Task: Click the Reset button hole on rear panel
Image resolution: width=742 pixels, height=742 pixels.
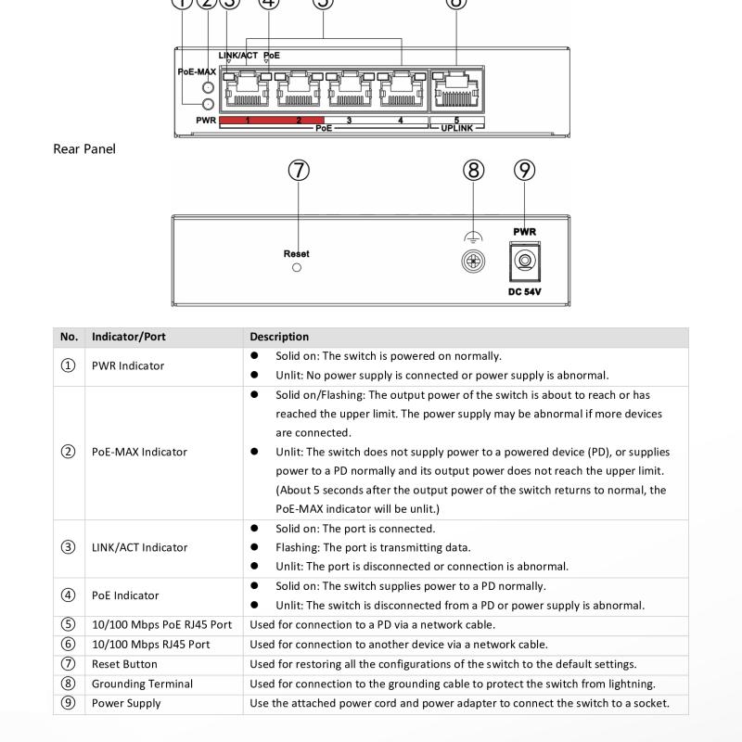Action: tap(297, 267)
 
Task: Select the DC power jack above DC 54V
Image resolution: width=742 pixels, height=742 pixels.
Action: tap(525, 262)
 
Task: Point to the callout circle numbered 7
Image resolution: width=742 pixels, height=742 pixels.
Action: tap(299, 171)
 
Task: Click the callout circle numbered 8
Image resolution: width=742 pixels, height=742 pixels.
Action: tap(473, 171)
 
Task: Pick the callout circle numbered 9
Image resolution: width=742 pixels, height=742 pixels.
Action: tap(525, 171)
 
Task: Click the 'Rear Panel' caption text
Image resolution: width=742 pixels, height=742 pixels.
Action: tap(84, 148)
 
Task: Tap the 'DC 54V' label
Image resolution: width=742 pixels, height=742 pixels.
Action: tap(525, 291)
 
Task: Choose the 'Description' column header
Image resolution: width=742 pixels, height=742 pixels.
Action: tap(279, 337)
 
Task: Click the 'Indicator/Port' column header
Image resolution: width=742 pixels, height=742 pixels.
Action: tap(129, 337)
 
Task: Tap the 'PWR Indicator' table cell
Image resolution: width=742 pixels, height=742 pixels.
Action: tap(128, 365)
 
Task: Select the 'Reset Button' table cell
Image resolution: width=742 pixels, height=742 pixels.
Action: tap(123, 664)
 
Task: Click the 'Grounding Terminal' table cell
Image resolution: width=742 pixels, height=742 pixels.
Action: tap(142, 684)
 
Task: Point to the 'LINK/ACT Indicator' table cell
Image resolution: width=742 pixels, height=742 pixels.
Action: tap(139, 547)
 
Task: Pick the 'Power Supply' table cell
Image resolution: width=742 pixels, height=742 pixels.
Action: tap(126, 703)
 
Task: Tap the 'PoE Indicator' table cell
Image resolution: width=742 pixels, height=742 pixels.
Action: tap(125, 595)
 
